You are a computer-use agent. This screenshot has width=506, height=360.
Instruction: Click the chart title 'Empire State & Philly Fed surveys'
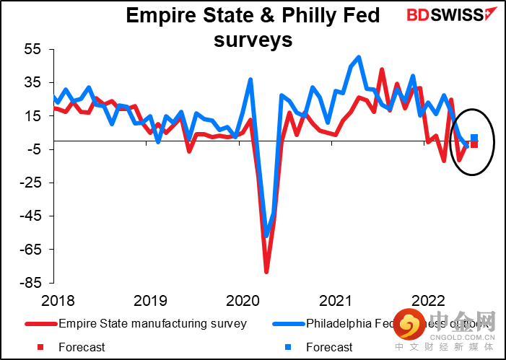(253, 27)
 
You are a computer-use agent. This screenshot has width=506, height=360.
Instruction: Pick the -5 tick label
(35, 149)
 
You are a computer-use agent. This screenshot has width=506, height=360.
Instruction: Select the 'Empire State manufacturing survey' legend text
(153, 323)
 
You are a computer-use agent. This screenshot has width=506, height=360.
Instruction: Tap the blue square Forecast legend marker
(288, 347)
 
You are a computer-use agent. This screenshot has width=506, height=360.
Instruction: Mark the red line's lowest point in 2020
(266, 272)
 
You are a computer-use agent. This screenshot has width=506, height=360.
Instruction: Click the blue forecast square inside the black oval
(474, 138)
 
